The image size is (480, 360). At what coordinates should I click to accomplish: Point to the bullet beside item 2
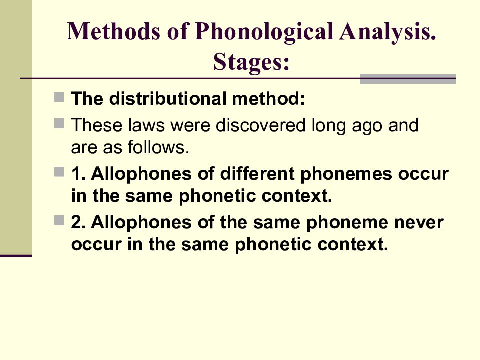pyautogui.click(x=58, y=220)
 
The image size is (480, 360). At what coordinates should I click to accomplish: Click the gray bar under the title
pyautogui.click(x=407, y=78)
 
